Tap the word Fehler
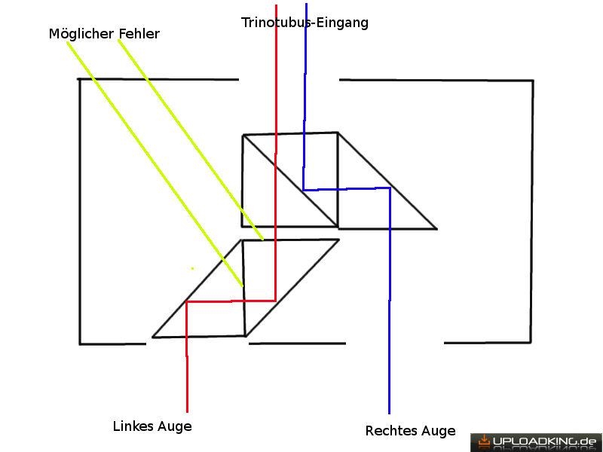click(139, 33)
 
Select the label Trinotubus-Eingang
click(305, 23)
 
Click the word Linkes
click(133, 426)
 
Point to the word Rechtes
click(390, 430)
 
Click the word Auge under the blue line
click(438, 432)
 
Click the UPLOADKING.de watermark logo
click(536, 442)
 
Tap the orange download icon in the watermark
click(483, 441)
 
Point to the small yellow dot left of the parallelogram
click(192, 268)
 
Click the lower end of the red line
click(187, 412)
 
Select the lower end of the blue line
click(389, 414)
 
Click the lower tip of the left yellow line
click(243, 286)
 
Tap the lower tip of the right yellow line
click(263, 240)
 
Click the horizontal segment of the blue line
click(347, 189)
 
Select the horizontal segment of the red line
click(231, 301)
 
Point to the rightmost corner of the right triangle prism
click(437, 229)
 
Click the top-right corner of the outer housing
click(533, 81)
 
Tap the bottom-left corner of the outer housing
click(80, 344)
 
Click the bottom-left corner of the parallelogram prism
click(153, 337)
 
